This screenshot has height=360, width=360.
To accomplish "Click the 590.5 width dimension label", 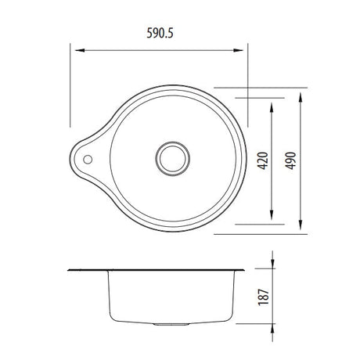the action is (x=160, y=33).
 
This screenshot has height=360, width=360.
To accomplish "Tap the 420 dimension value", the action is (x=263, y=160).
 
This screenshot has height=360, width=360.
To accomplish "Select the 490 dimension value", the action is (x=291, y=160).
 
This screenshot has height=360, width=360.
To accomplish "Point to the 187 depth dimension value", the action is (x=264, y=297).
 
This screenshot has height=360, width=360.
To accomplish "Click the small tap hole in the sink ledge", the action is (x=88, y=159).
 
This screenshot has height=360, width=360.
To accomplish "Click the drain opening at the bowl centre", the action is (x=173, y=159).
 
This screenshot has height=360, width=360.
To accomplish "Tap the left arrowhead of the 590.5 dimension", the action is (x=80, y=50).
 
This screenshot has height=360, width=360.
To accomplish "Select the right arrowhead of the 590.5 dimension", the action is (x=238, y=50).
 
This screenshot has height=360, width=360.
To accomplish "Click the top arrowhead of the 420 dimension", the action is (x=272, y=107).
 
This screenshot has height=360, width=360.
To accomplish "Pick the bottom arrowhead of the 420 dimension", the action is (x=272, y=214).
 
